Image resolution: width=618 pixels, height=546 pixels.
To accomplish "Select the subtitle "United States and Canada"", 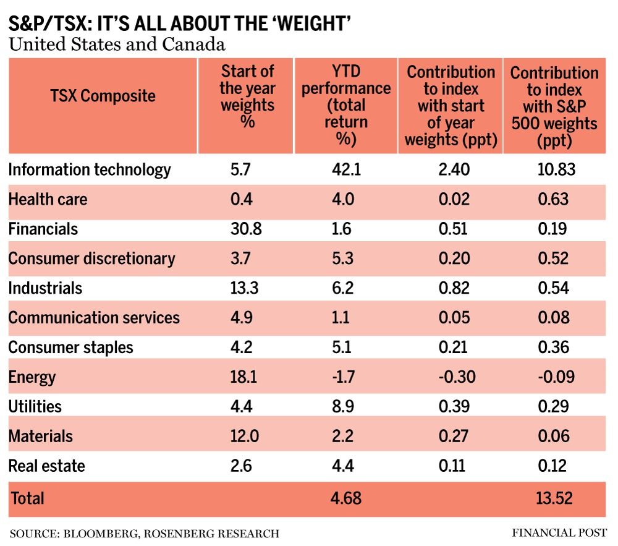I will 116,45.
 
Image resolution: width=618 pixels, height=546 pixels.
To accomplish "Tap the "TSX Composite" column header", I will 103,96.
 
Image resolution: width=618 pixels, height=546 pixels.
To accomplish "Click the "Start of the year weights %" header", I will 247,96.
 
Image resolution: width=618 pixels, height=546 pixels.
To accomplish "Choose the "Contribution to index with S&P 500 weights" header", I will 554,107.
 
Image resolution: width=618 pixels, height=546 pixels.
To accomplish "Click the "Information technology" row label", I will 90,169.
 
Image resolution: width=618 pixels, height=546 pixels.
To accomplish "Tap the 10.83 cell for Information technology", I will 554,169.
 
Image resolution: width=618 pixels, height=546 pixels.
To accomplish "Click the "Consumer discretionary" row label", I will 91,258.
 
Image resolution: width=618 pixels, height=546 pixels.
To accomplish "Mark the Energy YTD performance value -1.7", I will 344,377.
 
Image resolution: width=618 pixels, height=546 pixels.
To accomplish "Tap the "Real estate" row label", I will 46,466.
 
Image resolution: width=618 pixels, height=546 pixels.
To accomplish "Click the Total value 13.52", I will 554,498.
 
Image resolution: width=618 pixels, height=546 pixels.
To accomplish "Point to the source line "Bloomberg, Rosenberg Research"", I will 145,533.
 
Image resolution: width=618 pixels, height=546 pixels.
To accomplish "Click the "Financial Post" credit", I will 559,532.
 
